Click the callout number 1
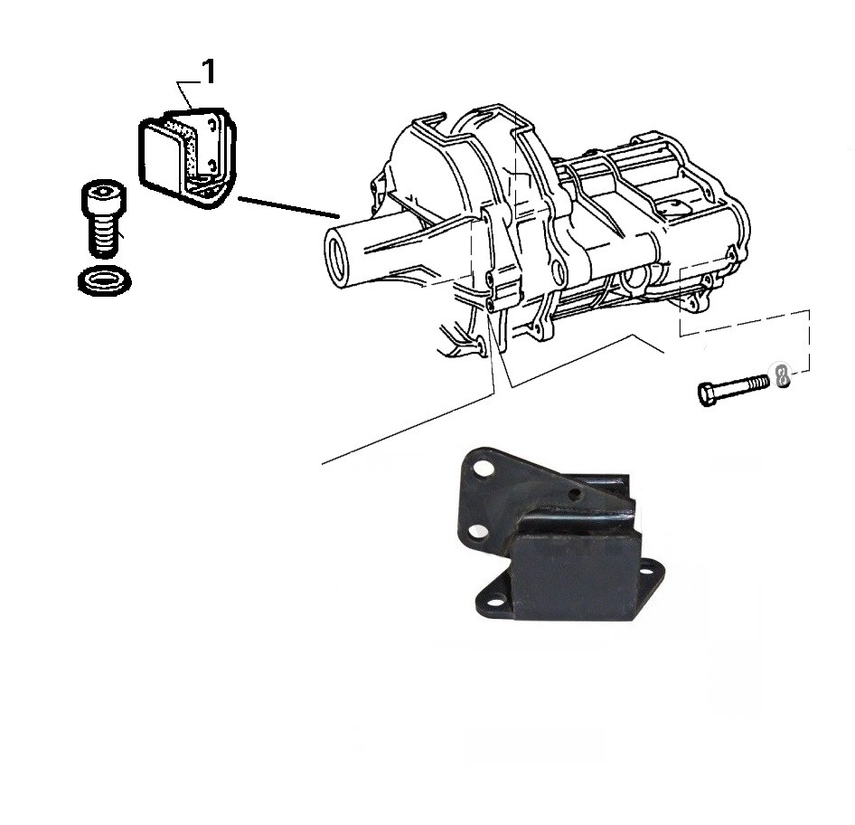[208, 72]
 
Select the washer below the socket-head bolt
[105, 280]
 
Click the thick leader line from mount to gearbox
[288, 207]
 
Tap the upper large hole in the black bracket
[482, 469]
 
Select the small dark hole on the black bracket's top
[573, 494]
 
